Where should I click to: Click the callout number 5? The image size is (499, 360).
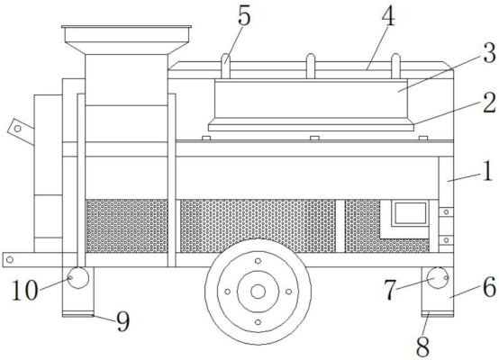[x=244, y=15]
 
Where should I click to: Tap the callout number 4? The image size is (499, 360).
[x=388, y=15]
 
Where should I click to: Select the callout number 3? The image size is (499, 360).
[x=489, y=53]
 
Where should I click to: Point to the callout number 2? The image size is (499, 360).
[x=489, y=103]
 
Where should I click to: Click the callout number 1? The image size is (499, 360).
[x=487, y=173]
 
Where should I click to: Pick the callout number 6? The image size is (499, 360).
[x=490, y=286]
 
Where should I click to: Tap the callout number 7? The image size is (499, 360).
[x=390, y=290]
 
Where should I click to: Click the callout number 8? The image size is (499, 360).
[x=422, y=346]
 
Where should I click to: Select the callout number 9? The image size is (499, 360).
[x=122, y=321]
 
